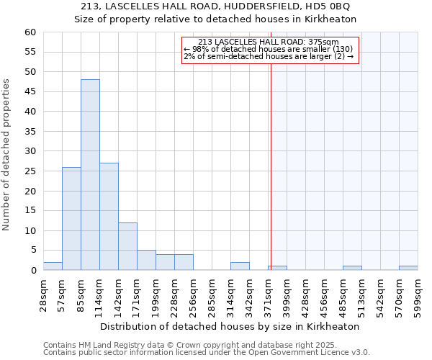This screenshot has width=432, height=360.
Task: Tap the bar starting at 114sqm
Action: [x=109, y=216]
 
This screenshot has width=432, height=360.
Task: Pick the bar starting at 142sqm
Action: [x=127, y=246]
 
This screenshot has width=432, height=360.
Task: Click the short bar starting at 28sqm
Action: [x=53, y=266]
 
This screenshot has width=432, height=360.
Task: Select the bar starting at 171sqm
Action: [x=146, y=260]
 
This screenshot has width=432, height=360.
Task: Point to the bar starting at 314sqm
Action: [x=240, y=266]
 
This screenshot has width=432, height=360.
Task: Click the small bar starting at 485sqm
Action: [x=352, y=268]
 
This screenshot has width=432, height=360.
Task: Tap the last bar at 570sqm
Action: [x=408, y=268]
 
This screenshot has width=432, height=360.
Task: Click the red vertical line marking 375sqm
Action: [x=271, y=180]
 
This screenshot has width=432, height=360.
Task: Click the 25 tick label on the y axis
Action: [x=30, y=171]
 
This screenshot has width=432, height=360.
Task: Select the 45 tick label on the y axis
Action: [x=30, y=92]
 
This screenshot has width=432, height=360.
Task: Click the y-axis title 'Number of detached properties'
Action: [x=7, y=155]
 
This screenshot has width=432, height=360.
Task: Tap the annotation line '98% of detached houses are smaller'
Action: [x=268, y=49]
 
